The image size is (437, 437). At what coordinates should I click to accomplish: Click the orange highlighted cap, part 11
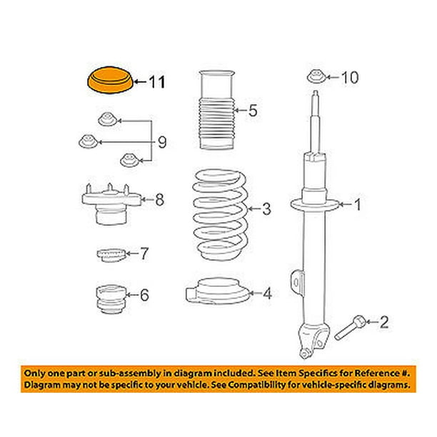(x=110, y=80)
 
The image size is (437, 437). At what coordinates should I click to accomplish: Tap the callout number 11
(x=157, y=82)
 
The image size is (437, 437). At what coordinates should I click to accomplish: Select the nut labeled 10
(x=316, y=76)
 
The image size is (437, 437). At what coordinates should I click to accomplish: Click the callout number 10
(x=349, y=77)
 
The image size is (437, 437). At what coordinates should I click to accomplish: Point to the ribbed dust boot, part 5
(x=216, y=110)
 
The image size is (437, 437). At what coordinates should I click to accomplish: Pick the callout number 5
(x=253, y=111)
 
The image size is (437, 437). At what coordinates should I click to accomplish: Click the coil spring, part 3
(x=220, y=215)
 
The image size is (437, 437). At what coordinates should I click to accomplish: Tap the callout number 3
(x=266, y=209)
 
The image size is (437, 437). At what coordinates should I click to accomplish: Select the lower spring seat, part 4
(x=217, y=291)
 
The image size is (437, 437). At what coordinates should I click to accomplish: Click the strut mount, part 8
(x=111, y=204)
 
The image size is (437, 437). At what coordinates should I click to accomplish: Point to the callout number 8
(x=159, y=200)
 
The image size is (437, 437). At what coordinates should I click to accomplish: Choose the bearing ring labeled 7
(x=111, y=255)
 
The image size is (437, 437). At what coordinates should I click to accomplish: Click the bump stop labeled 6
(x=111, y=299)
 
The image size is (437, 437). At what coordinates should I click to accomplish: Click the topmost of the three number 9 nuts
(x=108, y=119)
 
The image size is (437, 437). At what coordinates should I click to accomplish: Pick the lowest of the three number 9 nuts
(x=129, y=160)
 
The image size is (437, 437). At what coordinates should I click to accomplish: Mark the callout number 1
(x=358, y=204)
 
